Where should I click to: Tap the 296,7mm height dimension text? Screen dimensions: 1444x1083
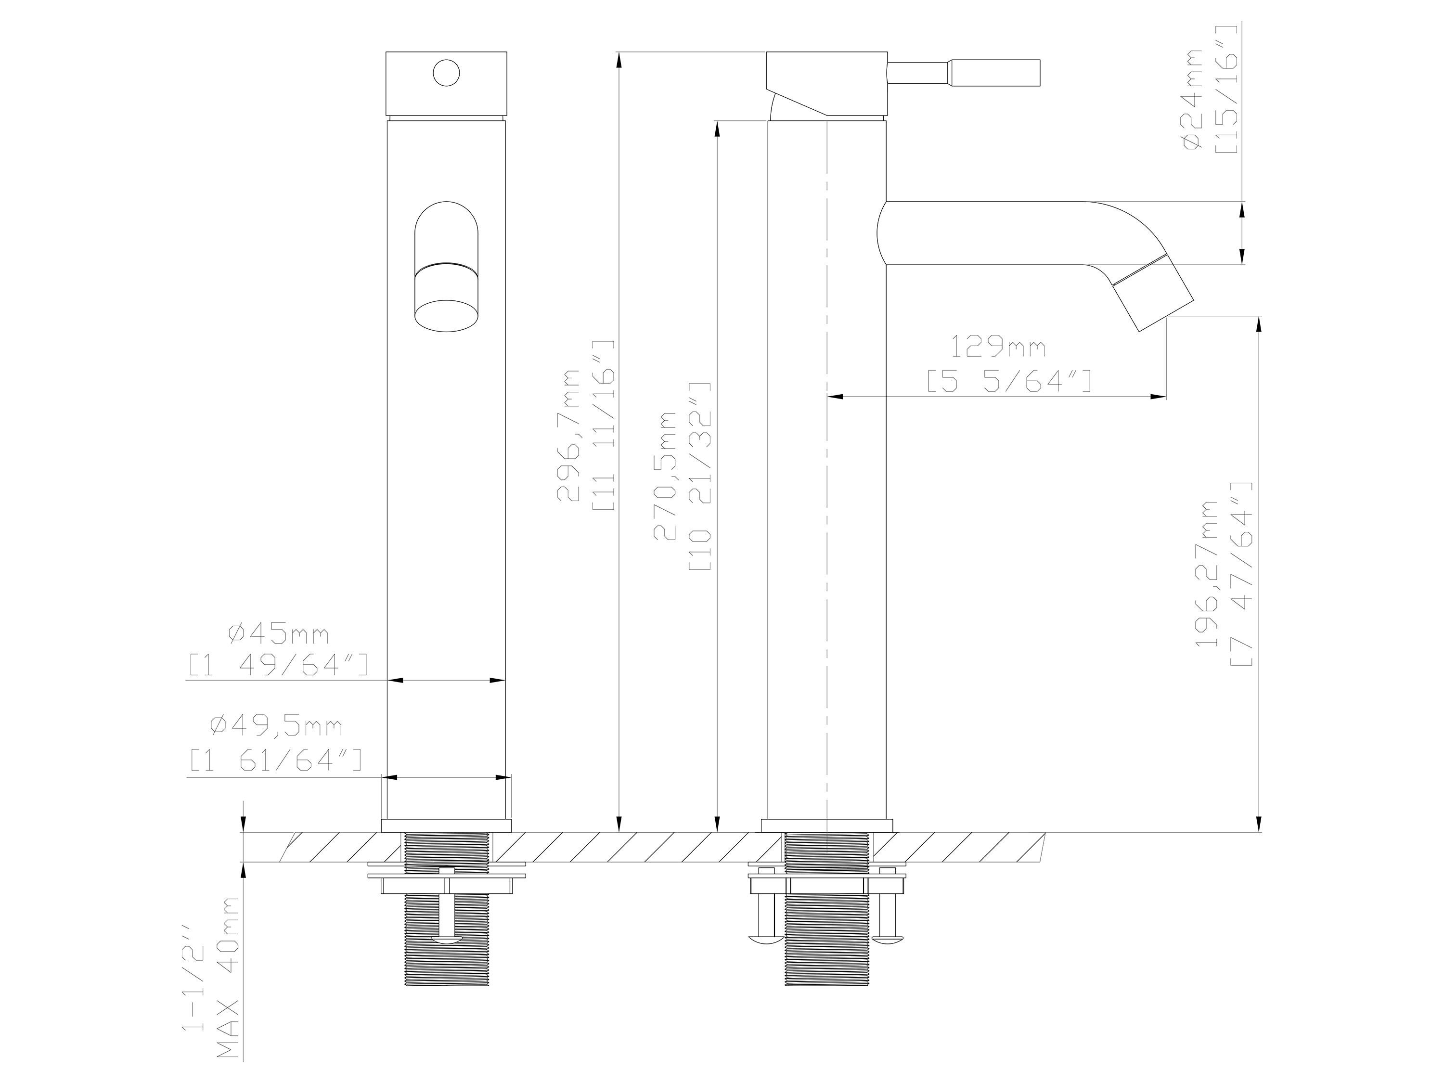568,436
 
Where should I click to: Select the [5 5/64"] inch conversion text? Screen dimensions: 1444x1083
1008,381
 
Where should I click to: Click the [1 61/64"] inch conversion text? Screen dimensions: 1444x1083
275,759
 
